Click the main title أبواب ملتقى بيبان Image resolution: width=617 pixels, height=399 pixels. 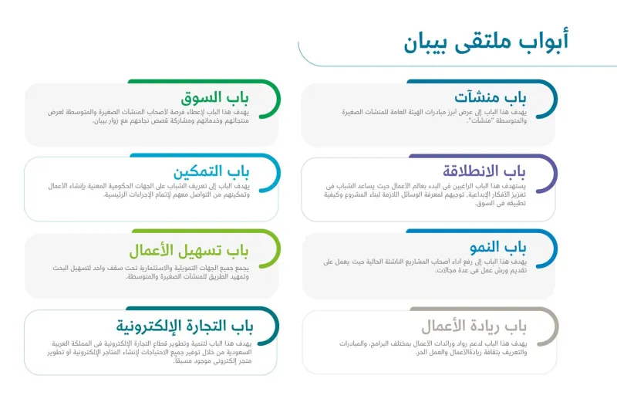[x=485, y=42]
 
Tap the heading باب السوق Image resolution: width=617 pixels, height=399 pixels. [x=215, y=98]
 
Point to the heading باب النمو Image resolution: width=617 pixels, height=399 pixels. [x=501, y=247]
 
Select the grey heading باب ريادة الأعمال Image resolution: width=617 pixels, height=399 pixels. [x=474, y=325]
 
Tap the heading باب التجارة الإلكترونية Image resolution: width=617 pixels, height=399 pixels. [x=184, y=325]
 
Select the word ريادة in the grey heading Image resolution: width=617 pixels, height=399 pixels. [x=486, y=325]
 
